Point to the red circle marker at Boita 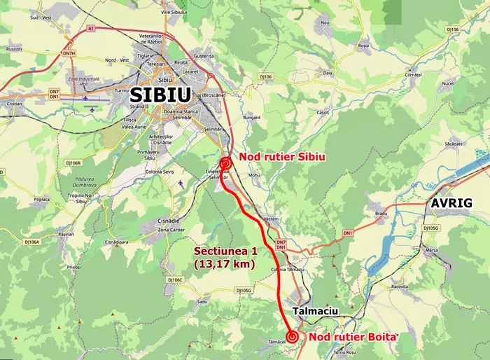292,337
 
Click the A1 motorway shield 90,28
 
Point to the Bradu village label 381,213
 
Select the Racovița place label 400,286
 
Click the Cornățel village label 414,74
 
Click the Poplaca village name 41,199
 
